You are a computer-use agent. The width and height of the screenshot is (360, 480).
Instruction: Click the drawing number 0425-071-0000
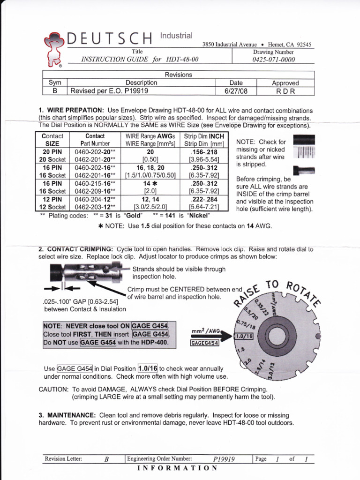(x=274, y=60)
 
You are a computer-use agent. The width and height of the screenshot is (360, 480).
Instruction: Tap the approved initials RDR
(x=285, y=91)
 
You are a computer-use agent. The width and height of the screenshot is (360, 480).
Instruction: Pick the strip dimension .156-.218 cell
(x=205, y=152)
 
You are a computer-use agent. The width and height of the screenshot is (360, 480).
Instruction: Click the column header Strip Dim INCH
(x=205, y=136)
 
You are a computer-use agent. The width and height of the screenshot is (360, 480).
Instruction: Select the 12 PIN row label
(x=52, y=199)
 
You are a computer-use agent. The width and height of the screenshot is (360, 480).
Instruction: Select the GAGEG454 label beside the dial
(x=205, y=344)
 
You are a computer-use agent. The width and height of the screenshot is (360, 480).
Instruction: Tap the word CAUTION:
(x=53, y=390)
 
